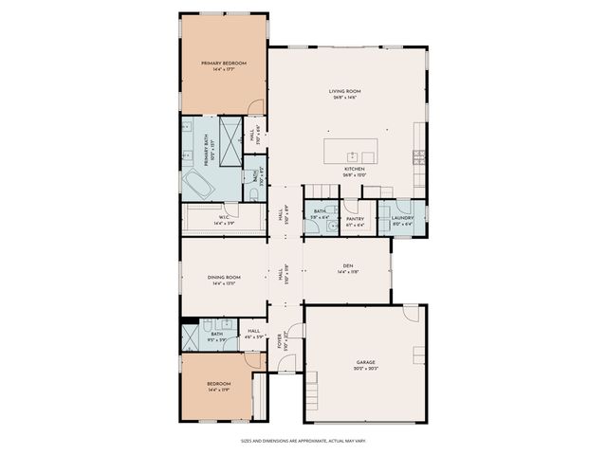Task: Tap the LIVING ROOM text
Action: pyautogui.click(x=346, y=91)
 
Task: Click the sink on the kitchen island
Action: pyautogui.click(x=352, y=155)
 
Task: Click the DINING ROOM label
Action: pyautogui.click(x=225, y=278)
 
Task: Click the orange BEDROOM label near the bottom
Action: pyautogui.click(x=218, y=384)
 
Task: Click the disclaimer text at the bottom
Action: pyautogui.click(x=303, y=440)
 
